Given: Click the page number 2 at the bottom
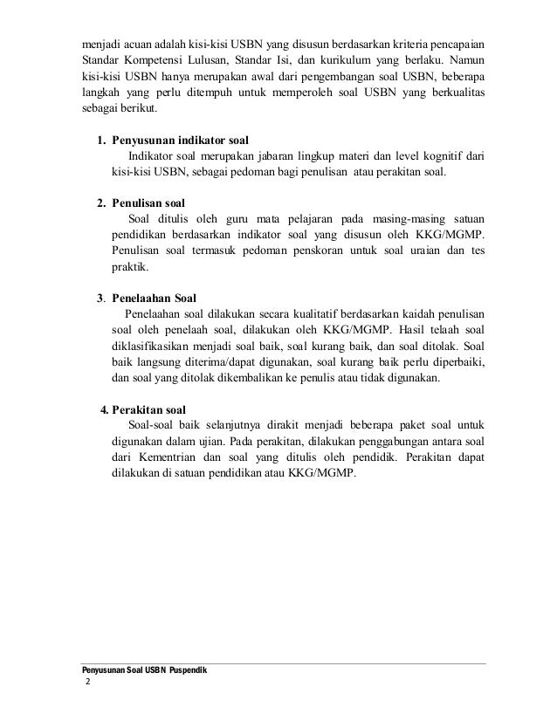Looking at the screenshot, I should click(86, 683).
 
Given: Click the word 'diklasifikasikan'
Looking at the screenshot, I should click(155, 346).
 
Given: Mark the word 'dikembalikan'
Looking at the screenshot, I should click(226, 378).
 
